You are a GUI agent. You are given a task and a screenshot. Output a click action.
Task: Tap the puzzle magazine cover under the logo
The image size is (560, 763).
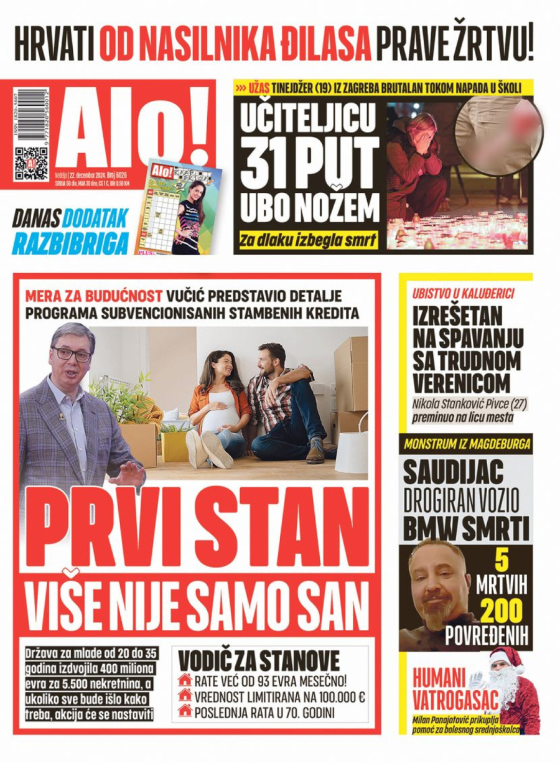pyautogui.click(x=178, y=208)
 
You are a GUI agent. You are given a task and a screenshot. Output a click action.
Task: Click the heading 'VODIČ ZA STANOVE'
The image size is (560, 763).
pyautogui.click(x=259, y=660)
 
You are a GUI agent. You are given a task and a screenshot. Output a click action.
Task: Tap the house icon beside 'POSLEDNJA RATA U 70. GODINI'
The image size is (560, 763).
pyautogui.click(x=185, y=710)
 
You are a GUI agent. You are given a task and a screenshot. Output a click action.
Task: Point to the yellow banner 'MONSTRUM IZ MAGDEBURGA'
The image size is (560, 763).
pyautogui.click(x=467, y=445)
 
